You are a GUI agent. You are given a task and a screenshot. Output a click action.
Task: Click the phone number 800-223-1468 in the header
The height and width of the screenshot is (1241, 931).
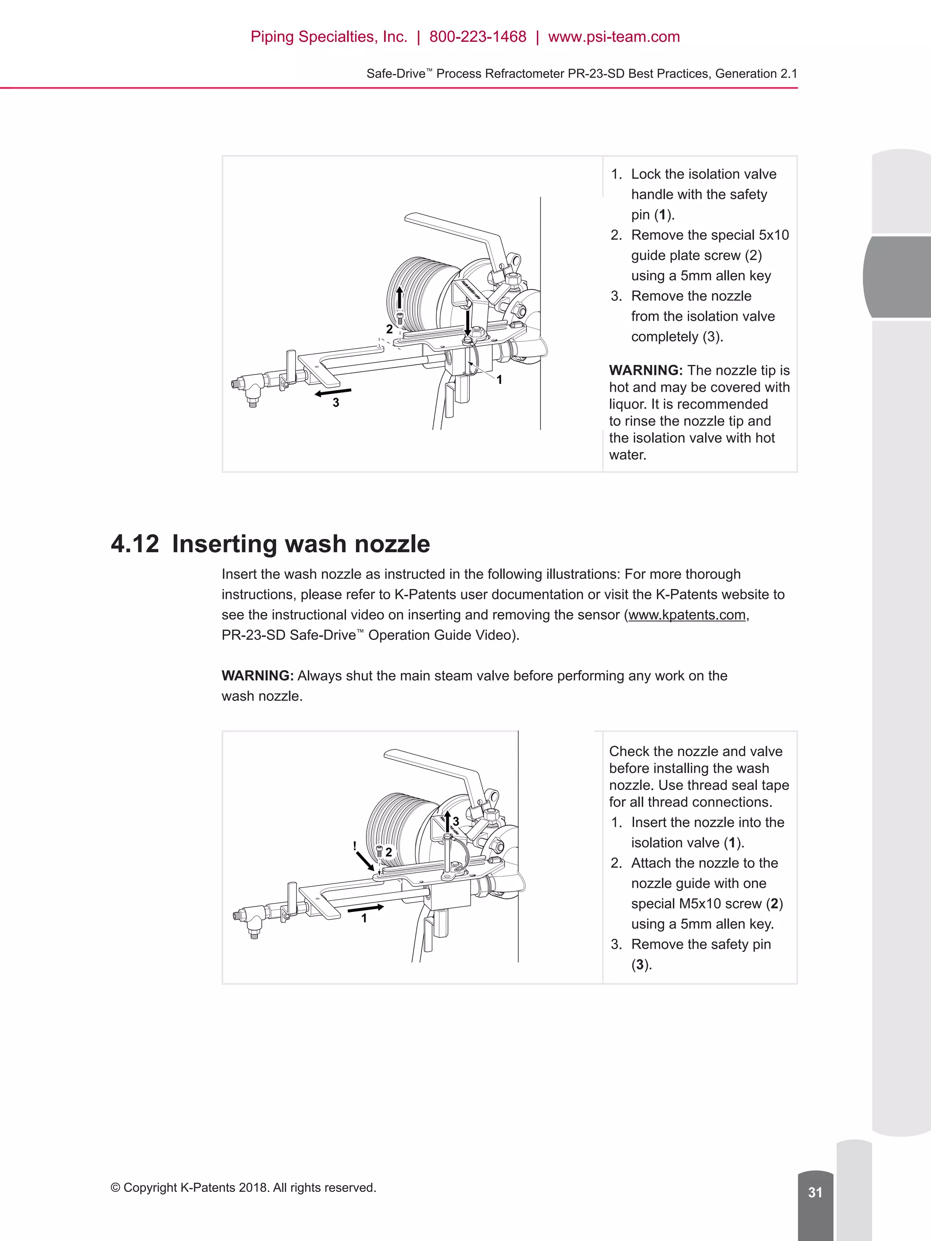click(478, 37)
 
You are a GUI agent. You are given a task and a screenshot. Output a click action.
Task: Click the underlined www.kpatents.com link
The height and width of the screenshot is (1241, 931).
click(687, 615)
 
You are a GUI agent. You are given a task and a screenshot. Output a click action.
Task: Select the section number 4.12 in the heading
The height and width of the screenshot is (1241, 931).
click(135, 544)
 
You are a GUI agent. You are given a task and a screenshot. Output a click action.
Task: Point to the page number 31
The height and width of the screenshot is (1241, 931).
click(815, 1192)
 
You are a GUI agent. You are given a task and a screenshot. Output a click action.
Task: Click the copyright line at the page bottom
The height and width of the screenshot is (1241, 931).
click(243, 1188)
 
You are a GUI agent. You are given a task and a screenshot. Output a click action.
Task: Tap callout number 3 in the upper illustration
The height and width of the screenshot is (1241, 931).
click(335, 403)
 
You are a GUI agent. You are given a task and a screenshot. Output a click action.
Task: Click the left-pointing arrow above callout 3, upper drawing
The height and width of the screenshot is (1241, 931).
click(333, 392)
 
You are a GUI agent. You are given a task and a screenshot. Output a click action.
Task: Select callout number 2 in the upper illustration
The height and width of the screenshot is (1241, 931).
click(389, 329)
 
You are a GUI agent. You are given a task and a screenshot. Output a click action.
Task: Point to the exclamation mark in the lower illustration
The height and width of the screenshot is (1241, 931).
click(355, 845)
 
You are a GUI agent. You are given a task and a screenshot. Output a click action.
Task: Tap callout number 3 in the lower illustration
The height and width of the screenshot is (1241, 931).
click(455, 821)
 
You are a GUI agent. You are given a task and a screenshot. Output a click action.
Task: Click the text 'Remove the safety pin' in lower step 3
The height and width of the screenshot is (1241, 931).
click(701, 944)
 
